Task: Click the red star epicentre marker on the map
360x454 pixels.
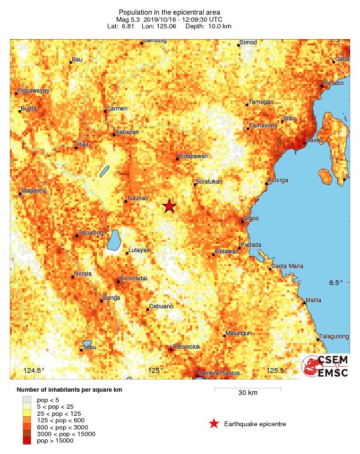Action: click(x=169, y=206)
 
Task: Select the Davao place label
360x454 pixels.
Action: click(x=314, y=140)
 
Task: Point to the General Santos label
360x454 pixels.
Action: click(x=219, y=373)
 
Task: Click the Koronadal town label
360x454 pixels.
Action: click(x=134, y=278)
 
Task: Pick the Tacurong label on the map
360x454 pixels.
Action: click(x=90, y=232)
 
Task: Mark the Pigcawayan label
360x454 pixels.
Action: click(x=34, y=90)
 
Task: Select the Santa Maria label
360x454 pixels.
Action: click(x=287, y=266)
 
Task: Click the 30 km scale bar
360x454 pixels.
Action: click(x=248, y=389)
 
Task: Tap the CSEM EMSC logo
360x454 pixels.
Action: click(x=326, y=366)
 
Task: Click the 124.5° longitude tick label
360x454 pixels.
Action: click(x=34, y=370)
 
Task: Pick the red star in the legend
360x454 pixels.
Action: click(x=214, y=424)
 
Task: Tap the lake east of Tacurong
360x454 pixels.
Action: click(x=113, y=240)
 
